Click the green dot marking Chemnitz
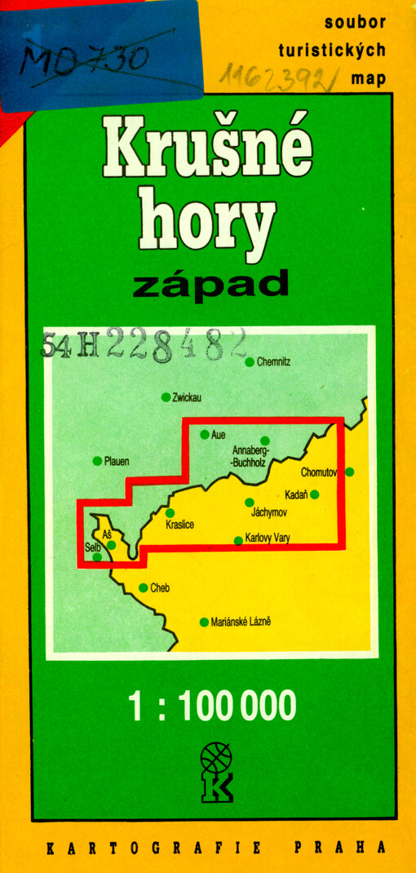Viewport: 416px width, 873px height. [250, 361]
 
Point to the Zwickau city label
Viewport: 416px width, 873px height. [187, 397]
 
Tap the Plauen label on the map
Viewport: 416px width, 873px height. [117, 461]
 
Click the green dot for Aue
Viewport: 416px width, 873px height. [204, 435]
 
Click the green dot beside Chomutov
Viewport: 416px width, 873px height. [350, 472]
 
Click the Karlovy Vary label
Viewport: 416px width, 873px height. [268, 538]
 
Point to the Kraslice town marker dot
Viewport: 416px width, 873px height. [170, 513]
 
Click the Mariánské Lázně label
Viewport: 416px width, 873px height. [241, 622]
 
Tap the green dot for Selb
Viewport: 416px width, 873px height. [98, 557]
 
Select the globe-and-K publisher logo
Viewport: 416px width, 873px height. [215, 772]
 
